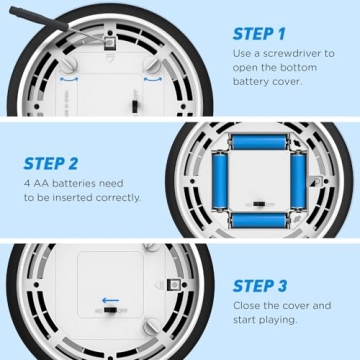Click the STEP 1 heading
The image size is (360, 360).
click(x=259, y=34)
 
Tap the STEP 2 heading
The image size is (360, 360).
click(x=51, y=163)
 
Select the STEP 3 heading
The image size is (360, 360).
click(x=260, y=286)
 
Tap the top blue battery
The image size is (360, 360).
click(x=259, y=142)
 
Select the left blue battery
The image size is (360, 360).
click(x=220, y=180)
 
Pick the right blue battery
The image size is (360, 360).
click(x=298, y=180)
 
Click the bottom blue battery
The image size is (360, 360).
click(x=259, y=221)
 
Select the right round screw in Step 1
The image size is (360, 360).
click(x=153, y=65)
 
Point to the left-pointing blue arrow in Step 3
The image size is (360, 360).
click(x=110, y=301)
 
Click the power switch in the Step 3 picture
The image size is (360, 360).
click(x=110, y=311)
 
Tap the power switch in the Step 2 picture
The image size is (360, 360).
click(x=259, y=204)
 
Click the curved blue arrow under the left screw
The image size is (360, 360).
click(x=69, y=79)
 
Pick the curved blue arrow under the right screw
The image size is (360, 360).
click(x=153, y=79)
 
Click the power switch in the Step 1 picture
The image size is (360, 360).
click(x=135, y=106)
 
